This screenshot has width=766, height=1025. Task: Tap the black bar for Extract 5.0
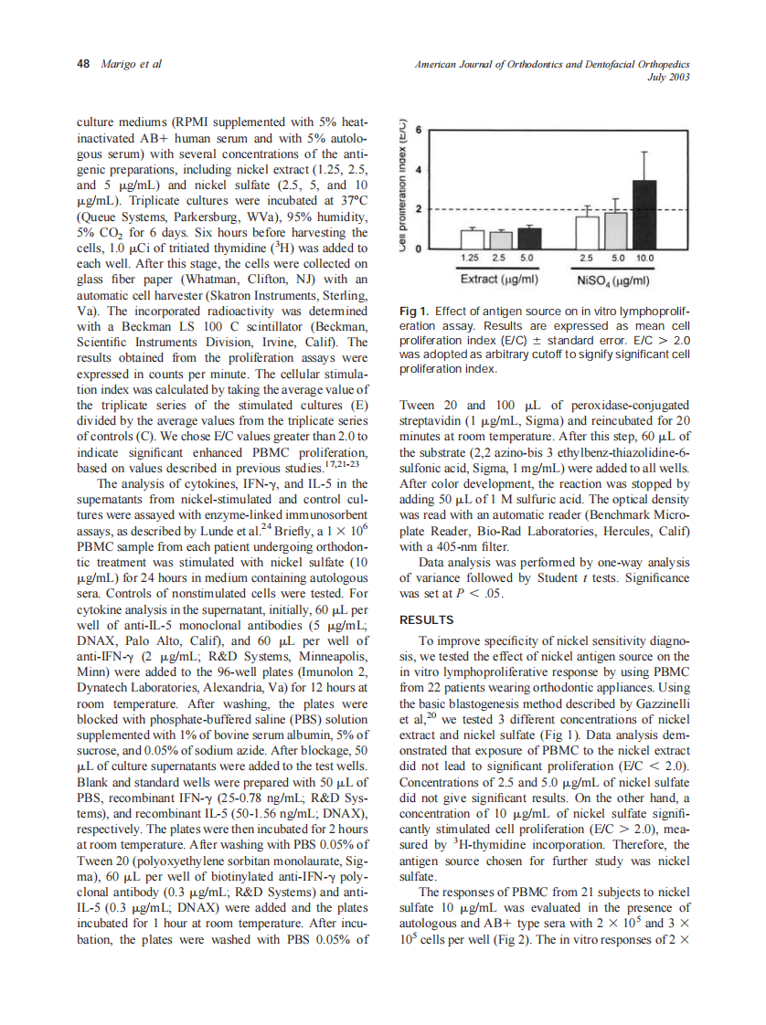pos(530,238)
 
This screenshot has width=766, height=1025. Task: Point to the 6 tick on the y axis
pos(418,131)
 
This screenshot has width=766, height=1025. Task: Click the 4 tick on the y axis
pos(418,170)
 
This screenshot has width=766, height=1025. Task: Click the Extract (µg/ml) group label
pos(498,278)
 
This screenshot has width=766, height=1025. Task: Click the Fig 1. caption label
pos(416,311)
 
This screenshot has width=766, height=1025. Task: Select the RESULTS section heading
pos(427,619)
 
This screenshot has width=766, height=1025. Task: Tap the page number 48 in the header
pos(83,64)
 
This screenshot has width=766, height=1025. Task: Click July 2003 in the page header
pos(667,77)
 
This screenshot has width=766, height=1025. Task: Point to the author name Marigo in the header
pos(119,64)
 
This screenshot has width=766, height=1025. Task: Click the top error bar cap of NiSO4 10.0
pos(644,151)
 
